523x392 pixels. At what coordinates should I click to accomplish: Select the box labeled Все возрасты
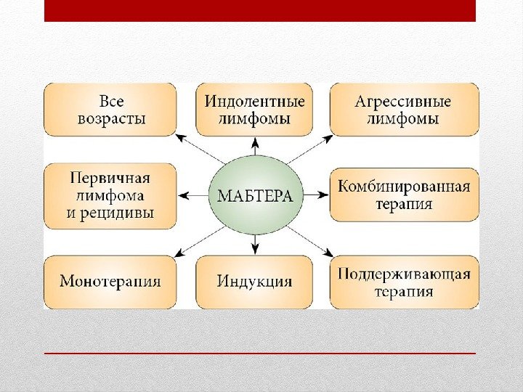pos(110,109)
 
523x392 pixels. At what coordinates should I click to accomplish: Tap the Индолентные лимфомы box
pos(254,109)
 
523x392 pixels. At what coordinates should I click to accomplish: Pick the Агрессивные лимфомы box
pos(404,109)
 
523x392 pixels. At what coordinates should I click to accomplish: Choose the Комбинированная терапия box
pos(404,195)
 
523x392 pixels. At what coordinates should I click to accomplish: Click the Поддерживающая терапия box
pos(404,282)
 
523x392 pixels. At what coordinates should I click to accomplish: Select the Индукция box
pos(254,282)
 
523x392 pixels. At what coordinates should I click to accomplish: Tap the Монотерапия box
pos(110,282)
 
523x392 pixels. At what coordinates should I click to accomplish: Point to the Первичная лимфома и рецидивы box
pos(110,195)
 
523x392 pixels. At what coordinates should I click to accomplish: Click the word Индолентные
pos(254,101)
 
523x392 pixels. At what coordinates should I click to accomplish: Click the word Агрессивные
pos(403,101)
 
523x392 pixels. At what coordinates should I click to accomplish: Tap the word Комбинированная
pos(404,186)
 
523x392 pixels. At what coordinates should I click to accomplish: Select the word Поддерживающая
pos(404,274)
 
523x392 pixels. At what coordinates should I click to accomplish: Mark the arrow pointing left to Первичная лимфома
pos(195,195)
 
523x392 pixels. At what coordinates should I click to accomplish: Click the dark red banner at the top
pos(260,11)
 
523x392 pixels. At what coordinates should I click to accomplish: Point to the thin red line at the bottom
pos(260,354)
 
